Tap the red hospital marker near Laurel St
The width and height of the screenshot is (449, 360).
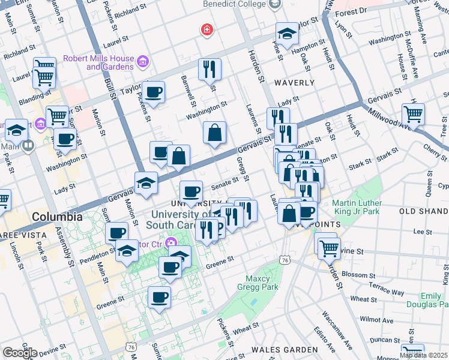pyautogui.click(x=207, y=30)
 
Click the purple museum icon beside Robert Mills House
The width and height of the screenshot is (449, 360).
pyautogui.click(x=143, y=61)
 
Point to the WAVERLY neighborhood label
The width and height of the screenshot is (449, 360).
pyautogui.click(x=294, y=82)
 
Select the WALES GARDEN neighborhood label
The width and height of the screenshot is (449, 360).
pyautogui.click(x=285, y=349)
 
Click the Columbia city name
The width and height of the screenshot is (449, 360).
pyautogui.click(x=58, y=216)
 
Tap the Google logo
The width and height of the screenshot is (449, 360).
pyautogui.click(x=20, y=353)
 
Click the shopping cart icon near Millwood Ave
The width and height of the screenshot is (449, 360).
pyautogui.click(x=413, y=113)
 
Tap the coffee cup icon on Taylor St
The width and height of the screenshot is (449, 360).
pyautogui.click(x=154, y=91)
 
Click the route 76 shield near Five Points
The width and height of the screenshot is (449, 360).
pyautogui.click(x=285, y=259)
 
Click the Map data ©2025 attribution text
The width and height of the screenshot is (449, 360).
pyautogui.click(x=423, y=355)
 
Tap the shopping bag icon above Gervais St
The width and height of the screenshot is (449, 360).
pyautogui.click(x=214, y=133)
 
